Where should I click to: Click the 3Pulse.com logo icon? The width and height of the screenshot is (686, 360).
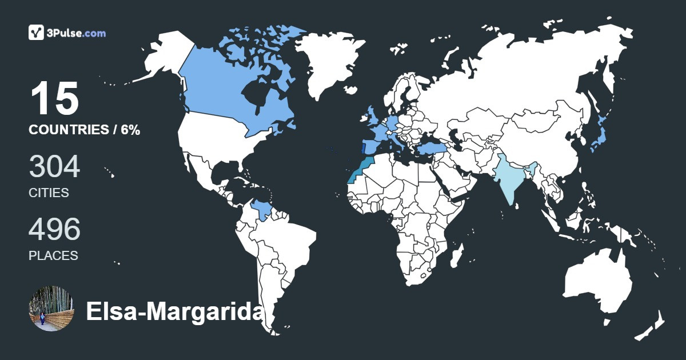click(x=37, y=33)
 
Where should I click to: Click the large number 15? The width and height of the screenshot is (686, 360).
click(x=54, y=98)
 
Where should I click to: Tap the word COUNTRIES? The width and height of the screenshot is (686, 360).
click(x=69, y=130)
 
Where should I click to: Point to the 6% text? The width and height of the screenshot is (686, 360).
click(x=130, y=130)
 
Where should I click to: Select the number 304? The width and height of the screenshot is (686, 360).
click(x=54, y=167)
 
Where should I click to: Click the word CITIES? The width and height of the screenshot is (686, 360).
click(x=49, y=193)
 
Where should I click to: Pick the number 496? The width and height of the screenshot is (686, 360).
click(x=54, y=230)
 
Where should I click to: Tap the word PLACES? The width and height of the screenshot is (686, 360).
click(x=53, y=256)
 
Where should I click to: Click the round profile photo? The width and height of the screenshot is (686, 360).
click(x=51, y=309)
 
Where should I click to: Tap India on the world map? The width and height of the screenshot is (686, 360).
click(x=510, y=177)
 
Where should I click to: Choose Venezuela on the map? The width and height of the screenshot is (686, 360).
click(x=262, y=210)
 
